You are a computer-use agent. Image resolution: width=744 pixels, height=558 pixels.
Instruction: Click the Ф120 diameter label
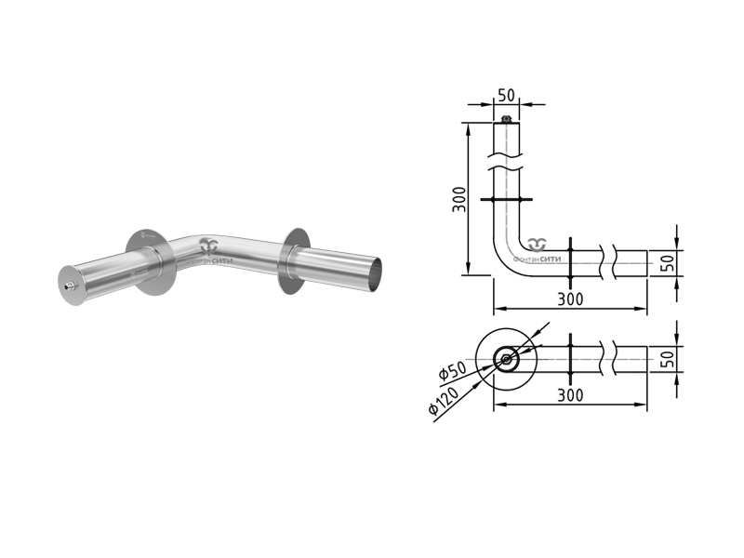pos(444,401)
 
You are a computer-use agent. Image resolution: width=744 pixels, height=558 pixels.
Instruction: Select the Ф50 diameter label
pos(452,370)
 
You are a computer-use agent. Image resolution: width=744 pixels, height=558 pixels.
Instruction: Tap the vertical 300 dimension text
pos(459,199)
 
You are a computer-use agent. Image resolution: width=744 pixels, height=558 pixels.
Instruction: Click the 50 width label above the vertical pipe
pos(506,96)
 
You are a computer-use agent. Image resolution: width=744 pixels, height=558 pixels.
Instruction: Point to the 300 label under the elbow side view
pos(570,299)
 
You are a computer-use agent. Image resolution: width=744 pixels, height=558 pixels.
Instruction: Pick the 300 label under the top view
pos(570,395)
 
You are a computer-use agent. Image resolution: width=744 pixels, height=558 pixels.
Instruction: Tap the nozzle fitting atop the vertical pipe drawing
pos(506,119)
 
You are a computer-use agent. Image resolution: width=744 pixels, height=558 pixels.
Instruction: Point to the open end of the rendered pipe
pos(375,275)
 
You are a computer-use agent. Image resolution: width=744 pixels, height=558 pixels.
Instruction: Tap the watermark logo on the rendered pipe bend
pos(208,246)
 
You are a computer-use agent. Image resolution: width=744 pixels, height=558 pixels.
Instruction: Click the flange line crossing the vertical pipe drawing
pos(506,199)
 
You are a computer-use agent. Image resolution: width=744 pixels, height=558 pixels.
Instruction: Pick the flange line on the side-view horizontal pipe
pos(570,263)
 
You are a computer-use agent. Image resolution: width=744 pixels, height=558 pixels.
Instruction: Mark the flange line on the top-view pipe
pos(570,359)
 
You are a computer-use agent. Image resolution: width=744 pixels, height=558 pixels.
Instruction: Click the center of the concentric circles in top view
pos(506,359)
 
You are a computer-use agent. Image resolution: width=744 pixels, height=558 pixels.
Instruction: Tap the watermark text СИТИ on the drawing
pos(551,259)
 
